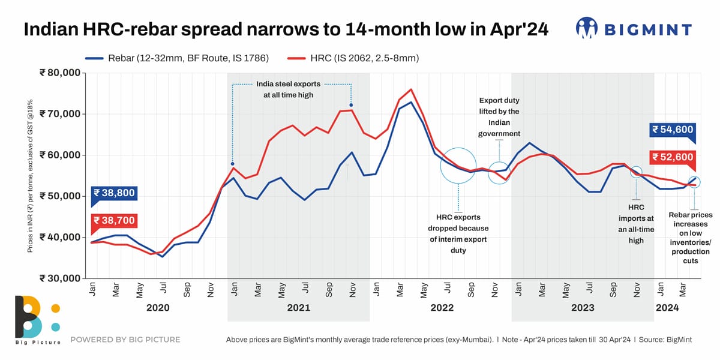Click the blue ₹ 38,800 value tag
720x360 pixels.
pos(113,194)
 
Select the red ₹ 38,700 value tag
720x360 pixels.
pos(113,221)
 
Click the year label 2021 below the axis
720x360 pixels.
pos(298,308)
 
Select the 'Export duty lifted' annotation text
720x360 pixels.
pos(499,117)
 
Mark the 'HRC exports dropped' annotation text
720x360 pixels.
pos(458,233)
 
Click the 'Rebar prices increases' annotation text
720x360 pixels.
pos(691,238)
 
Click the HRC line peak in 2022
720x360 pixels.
pos(410,90)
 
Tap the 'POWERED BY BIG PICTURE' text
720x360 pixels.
pos(125,340)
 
